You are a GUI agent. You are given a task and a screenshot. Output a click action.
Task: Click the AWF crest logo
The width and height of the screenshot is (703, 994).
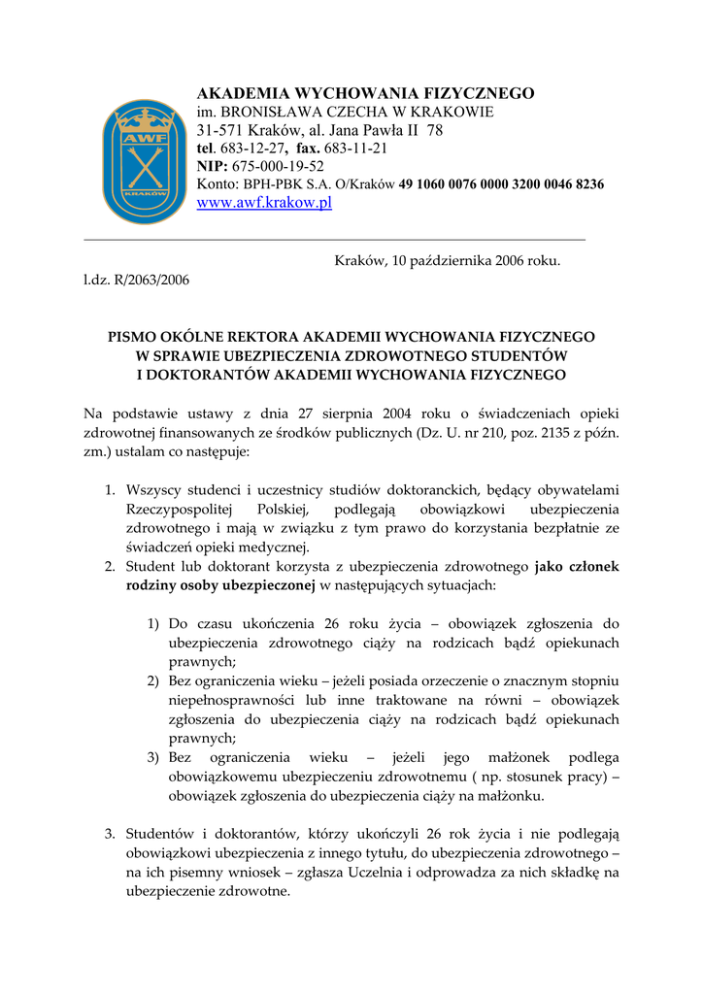(145, 161)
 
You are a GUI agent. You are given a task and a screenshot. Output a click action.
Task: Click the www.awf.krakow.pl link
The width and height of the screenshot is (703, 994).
(264, 203)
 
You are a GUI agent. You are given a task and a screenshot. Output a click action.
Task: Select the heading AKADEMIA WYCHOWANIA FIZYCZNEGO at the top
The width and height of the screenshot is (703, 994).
(365, 93)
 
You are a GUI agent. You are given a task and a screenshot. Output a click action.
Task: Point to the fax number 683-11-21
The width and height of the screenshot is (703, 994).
(356, 149)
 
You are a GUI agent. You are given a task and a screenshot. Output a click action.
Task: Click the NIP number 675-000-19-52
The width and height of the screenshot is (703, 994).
(278, 166)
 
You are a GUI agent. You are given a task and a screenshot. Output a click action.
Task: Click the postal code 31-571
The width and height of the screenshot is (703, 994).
(220, 130)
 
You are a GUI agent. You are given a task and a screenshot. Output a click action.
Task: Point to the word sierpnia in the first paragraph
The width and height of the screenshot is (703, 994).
(351, 414)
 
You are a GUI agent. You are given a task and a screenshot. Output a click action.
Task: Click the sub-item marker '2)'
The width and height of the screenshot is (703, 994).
(153, 681)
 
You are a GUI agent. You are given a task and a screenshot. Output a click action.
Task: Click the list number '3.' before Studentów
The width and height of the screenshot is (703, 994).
(110, 833)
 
